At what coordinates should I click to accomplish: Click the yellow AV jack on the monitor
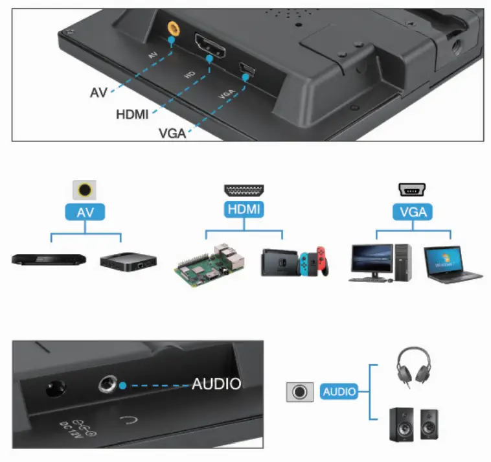(173, 30)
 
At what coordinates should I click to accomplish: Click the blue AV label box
(84, 211)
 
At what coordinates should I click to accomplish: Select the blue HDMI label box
(244, 210)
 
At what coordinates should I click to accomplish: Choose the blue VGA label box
(413, 211)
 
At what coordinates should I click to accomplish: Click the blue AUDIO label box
(339, 391)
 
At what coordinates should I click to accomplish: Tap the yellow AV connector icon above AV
(84, 190)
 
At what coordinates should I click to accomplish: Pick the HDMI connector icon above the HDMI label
(244, 191)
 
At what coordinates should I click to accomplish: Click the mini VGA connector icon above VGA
(413, 191)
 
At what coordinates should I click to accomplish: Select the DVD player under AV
(49, 260)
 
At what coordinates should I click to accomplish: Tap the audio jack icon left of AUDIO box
(299, 392)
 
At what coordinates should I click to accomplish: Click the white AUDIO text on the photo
(216, 384)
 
